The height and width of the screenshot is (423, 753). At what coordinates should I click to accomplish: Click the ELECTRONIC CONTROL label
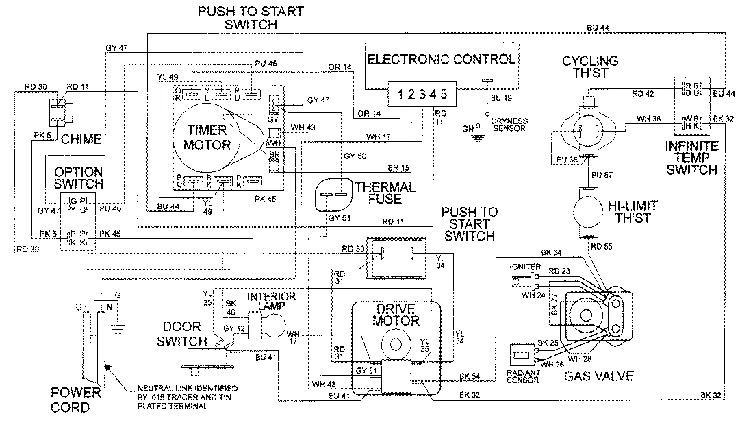(441, 60)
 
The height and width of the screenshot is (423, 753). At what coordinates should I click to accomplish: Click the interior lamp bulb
(273, 326)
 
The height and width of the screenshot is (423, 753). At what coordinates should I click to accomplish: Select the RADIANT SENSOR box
(523, 358)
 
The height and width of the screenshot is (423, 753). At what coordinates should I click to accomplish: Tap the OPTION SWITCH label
(79, 178)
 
